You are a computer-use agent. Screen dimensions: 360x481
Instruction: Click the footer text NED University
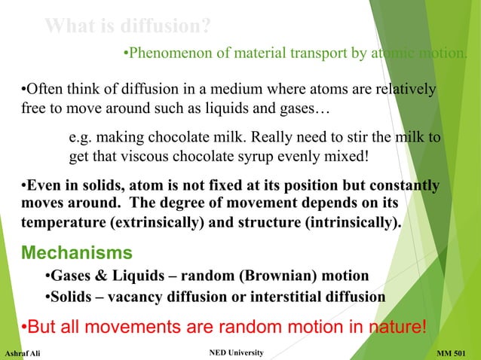(234, 352)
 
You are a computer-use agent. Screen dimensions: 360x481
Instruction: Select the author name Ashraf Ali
(23, 353)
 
